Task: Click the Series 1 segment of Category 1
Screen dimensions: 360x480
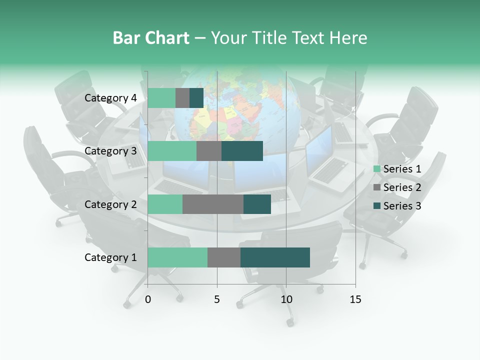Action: pyautogui.click(x=177, y=257)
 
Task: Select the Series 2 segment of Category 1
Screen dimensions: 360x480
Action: pyautogui.click(x=224, y=257)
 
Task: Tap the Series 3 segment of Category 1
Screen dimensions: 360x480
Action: pyautogui.click(x=275, y=257)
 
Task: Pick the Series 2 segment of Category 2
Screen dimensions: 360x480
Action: pyautogui.click(x=213, y=204)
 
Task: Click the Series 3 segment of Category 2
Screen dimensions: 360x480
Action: pyautogui.click(x=257, y=204)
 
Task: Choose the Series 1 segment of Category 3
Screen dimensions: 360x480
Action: pyautogui.click(x=172, y=151)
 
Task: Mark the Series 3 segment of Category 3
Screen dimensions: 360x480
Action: pyautogui.click(x=242, y=151)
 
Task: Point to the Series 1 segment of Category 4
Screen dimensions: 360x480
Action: pyautogui.click(x=161, y=98)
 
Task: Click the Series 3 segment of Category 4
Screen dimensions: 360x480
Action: pyautogui.click(x=196, y=98)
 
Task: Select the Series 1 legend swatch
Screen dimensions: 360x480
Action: pyautogui.click(x=377, y=169)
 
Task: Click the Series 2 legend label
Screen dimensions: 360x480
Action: pyautogui.click(x=402, y=187)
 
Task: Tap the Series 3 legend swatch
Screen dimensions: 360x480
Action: pyautogui.click(x=377, y=206)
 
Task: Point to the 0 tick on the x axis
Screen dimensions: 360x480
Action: pyautogui.click(x=148, y=299)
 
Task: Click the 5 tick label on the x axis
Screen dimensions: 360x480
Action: pyautogui.click(x=217, y=299)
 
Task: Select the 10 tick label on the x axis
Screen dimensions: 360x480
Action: pyautogui.click(x=286, y=299)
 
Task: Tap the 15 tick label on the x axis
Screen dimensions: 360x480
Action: pyautogui.click(x=355, y=299)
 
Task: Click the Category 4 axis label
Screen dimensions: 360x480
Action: pyautogui.click(x=110, y=98)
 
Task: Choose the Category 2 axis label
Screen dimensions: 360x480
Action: pyautogui.click(x=110, y=204)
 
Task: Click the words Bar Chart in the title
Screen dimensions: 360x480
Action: pyautogui.click(x=151, y=38)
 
